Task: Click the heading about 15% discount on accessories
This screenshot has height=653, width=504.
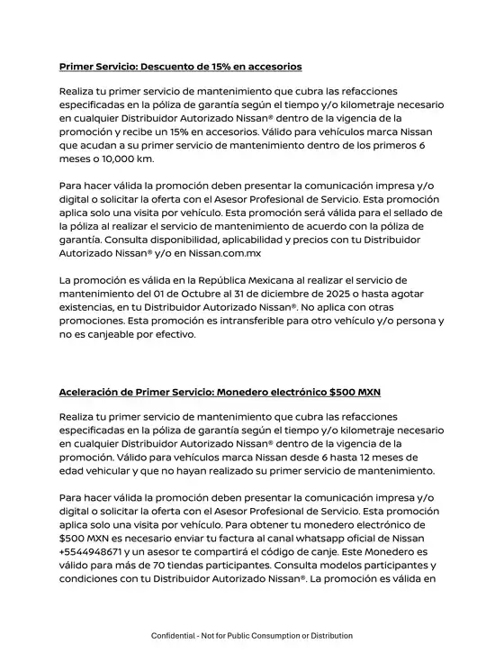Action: (x=180, y=67)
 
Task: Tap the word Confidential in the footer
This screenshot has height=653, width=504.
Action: (x=177, y=635)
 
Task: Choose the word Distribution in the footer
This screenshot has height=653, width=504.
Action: (x=328, y=635)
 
